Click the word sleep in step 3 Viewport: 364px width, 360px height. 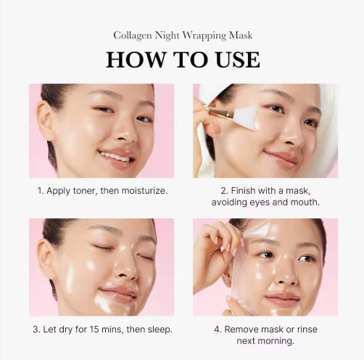pos(159,330)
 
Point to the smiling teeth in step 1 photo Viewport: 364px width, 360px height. pos(115,156)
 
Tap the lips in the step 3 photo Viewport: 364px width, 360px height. pos(118,293)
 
